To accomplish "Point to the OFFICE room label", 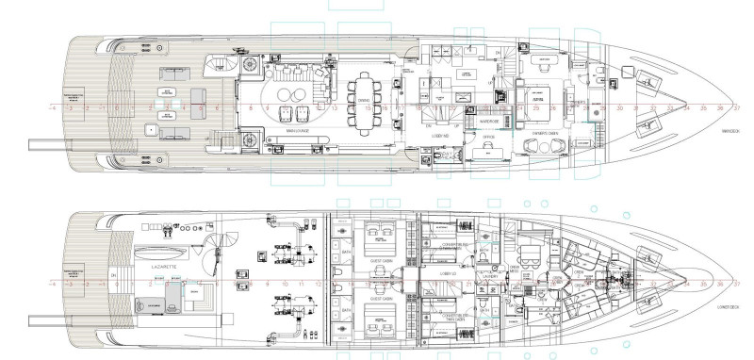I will pyautogui.click(x=488, y=138).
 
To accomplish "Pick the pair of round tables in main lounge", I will pyautogui.click(x=288, y=91).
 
